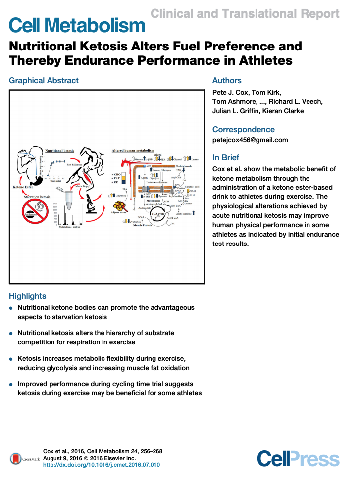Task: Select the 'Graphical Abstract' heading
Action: (44, 81)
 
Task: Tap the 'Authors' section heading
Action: (227, 81)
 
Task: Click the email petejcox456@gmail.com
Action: (250, 140)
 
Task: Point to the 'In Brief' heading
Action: (226, 158)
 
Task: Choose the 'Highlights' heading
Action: (27, 296)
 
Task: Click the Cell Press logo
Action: (298, 459)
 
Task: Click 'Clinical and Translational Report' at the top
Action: (245, 14)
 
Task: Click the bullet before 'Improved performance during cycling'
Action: (11, 384)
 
